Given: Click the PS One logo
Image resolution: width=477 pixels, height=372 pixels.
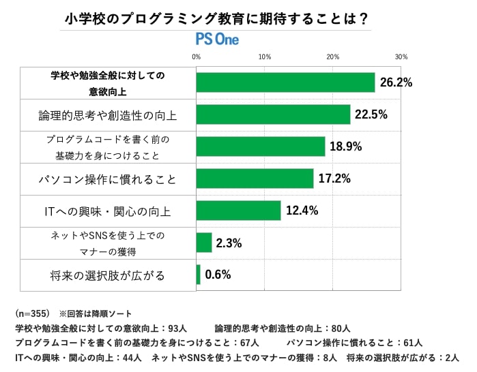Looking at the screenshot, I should click(x=217, y=40).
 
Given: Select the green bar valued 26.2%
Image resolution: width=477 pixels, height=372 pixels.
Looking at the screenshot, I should click(x=285, y=82).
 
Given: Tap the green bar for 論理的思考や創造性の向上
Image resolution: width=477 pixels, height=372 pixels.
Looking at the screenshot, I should click(x=273, y=114).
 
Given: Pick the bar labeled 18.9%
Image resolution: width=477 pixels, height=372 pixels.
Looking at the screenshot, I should click(x=261, y=146).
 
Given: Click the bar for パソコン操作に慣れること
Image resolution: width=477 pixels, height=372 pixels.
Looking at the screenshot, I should click(x=255, y=179).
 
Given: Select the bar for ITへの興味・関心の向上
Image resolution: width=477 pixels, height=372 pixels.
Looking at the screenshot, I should click(x=238, y=211).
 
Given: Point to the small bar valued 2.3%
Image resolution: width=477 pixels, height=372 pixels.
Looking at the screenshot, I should click(x=204, y=243).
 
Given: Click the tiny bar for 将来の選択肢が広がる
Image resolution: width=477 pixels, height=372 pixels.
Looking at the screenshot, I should click(x=199, y=275).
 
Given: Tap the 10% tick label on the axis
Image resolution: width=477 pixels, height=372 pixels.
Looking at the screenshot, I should click(x=265, y=57).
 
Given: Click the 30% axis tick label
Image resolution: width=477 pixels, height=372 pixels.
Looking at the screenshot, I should click(x=401, y=57).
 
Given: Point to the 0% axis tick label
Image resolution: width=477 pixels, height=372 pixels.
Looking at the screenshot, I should click(x=197, y=57).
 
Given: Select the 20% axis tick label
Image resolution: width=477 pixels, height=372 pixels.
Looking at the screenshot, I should click(x=333, y=57).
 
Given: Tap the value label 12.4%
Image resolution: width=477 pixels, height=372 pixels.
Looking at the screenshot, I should click(x=302, y=211).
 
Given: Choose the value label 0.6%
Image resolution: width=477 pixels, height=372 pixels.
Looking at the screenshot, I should click(x=218, y=275).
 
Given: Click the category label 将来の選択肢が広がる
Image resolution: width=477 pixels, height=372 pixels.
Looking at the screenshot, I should click(x=108, y=276).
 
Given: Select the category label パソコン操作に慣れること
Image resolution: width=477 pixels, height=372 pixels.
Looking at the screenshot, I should click(x=108, y=180).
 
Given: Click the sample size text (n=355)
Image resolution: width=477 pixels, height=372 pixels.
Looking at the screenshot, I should click(x=32, y=313).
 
